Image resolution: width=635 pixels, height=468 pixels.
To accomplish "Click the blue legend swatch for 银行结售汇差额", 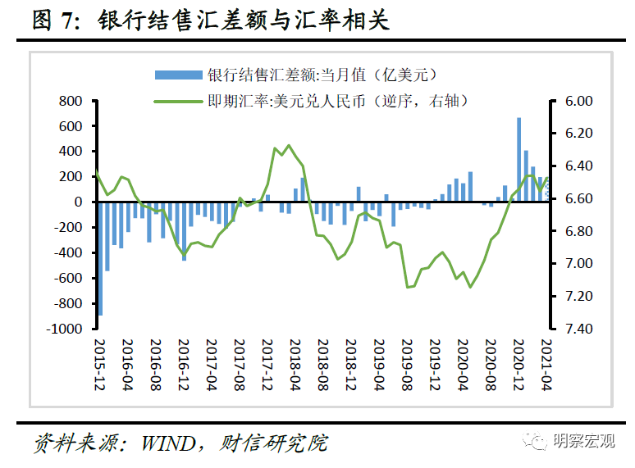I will pyautogui.click(x=178, y=75).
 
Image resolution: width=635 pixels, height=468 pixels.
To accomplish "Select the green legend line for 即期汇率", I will pyautogui.click(x=178, y=101).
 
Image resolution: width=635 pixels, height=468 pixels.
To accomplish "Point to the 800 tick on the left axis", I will pyautogui.click(x=71, y=101).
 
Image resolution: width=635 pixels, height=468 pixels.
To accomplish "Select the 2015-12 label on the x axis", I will pyautogui.click(x=100, y=361).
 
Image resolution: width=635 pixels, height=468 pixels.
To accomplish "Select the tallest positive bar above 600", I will pyautogui.click(x=519, y=160).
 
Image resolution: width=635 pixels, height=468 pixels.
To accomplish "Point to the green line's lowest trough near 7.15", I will pyautogui.click(x=470, y=286).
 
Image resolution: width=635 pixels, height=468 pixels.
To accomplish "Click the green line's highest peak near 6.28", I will pyautogui.click(x=288, y=146).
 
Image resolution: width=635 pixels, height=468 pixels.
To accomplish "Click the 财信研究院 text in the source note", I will pyautogui.click(x=274, y=444).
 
